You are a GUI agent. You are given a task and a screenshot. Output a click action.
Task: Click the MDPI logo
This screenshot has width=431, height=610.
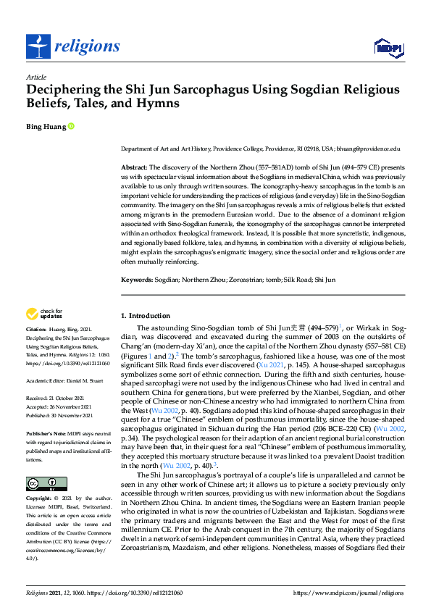(388, 48)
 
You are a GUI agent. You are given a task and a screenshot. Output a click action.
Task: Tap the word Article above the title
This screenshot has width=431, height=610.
(35, 77)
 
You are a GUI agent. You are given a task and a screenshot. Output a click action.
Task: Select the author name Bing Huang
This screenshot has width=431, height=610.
(46, 127)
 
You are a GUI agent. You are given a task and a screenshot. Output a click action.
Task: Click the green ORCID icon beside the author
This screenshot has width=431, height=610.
(71, 127)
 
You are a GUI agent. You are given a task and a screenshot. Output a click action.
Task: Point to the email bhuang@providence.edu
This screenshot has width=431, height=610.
(369, 148)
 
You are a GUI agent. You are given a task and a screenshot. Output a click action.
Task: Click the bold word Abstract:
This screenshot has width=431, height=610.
(134, 167)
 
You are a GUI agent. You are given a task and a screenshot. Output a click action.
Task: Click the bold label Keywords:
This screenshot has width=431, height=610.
(137, 279)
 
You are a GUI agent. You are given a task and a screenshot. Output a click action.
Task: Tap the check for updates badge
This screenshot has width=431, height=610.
(44, 314)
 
